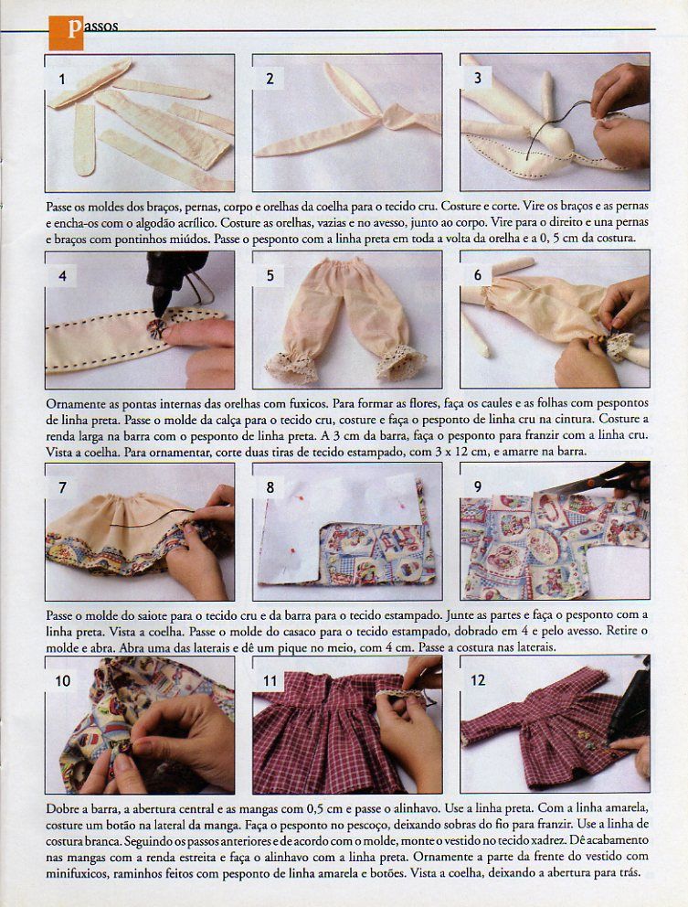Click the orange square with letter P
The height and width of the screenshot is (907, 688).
[66, 32]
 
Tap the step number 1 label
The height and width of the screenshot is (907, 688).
[62, 80]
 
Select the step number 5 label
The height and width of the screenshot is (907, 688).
[270, 276]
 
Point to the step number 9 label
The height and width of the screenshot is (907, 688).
[478, 486]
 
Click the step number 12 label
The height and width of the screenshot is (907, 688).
[478, 680]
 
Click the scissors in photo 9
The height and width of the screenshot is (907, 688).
[601, 478]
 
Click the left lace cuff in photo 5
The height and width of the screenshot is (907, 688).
[291, 365]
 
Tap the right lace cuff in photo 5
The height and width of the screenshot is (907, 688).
[401, 361]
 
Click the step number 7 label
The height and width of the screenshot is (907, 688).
[62, 487]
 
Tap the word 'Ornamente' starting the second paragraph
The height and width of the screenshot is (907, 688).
[74, 402]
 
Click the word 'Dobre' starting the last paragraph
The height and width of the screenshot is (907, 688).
[61, 808]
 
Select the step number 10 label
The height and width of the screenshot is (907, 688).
[62, 681]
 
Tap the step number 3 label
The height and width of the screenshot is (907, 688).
[478, 78]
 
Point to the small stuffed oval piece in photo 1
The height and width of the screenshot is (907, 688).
[84, 139]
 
